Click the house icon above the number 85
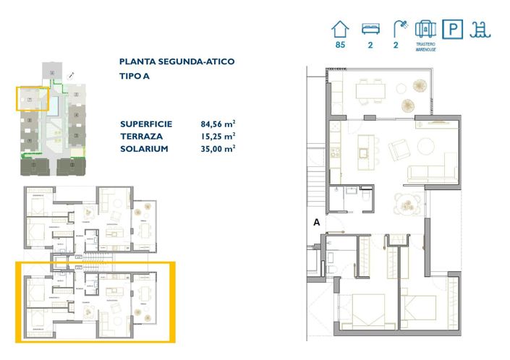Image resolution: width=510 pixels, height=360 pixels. pos(339,29)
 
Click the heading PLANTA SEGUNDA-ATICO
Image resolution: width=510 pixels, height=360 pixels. pos(177,62)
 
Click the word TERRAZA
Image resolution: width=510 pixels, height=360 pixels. pos(141,136)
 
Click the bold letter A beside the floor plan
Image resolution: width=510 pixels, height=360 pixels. pos(316,223)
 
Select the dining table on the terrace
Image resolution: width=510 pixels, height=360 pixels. pos(370,90)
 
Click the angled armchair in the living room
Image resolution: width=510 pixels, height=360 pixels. pos(399,150)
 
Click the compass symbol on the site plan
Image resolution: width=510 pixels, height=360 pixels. pos(70,75)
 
